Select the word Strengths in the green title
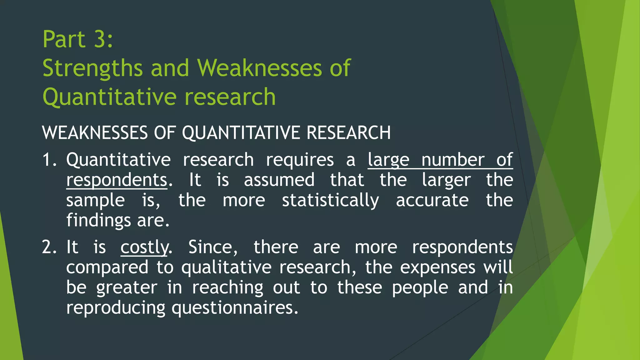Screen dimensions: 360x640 pos(92,68)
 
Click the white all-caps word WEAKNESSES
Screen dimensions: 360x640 pos(95,132)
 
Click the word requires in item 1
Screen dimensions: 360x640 pos(300,160)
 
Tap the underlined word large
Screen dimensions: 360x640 pos(388,160)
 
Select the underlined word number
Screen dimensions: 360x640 pos(453,160)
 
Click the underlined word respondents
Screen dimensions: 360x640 pos(117,180)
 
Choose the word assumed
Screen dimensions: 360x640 pos(279,180)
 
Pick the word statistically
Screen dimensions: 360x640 pos(331,200)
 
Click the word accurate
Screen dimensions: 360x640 pos(432,200)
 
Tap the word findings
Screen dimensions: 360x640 pos(98,221)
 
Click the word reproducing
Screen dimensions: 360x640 pos(116,308)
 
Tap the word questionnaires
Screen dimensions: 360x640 pos(235,308)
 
